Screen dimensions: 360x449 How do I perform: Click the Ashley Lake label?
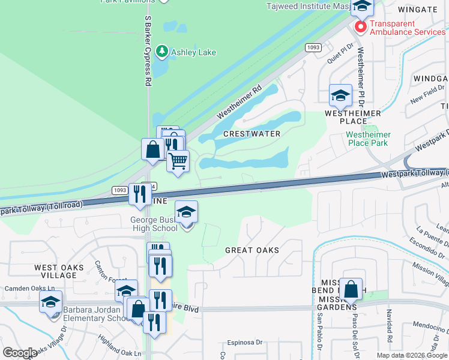(x=193, y=52)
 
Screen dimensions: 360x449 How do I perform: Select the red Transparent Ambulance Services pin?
(x=360, y=27)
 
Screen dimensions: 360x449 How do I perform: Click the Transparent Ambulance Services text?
(x=408, y=28)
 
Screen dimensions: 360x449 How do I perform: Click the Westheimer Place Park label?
(x=368, y=139)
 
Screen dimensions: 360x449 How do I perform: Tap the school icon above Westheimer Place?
(x=340, y=95)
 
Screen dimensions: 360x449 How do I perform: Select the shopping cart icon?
(x=178, y=161)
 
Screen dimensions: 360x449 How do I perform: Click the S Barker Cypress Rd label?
(x=147, y=51)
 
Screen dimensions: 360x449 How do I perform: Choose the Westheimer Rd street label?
(x=240, y=100)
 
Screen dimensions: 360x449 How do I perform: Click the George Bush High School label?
(x=154, y=224)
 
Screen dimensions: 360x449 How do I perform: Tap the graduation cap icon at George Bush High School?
(x=187, y=211)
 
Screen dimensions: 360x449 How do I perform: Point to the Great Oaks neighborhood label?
(x=252, y=250)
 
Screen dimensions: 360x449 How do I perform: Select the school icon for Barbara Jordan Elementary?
(x=51, y=301)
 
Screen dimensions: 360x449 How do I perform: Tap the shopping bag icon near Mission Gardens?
(x=351, y=288)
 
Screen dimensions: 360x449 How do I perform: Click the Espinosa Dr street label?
(x=245, y=343)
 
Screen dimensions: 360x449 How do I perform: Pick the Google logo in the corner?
(x=20, y=353)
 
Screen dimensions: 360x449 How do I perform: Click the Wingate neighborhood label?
(x=417, y=10)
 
